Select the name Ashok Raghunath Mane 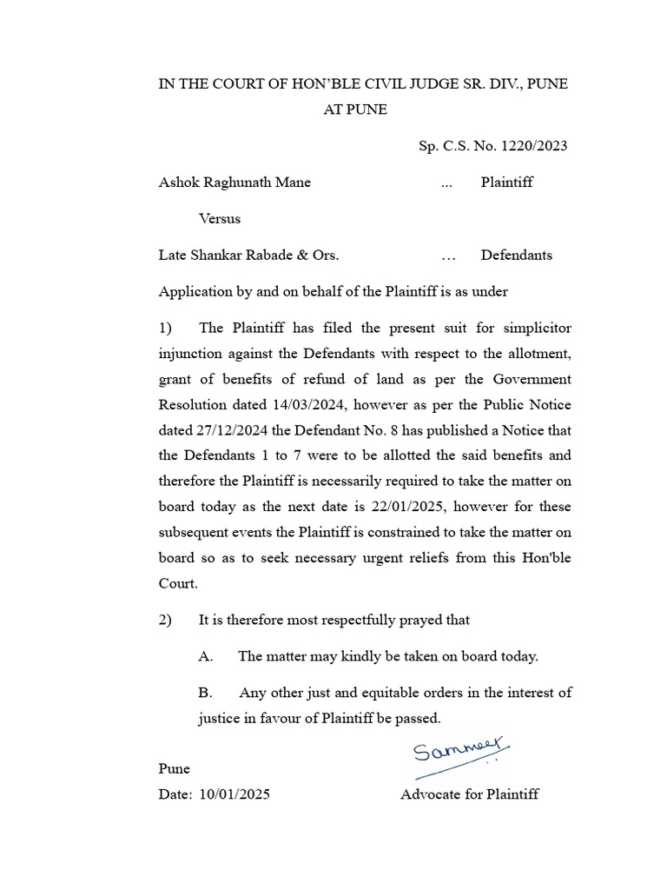pos(234,183)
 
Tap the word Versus pos(220,219)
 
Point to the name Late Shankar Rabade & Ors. pos(248,256)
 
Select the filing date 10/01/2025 pos(234,794)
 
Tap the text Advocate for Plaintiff pos(469,794)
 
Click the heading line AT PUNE pos(355,110)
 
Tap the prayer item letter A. pos(206,657)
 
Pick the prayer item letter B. pos(206,694)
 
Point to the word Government pos(532,380)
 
